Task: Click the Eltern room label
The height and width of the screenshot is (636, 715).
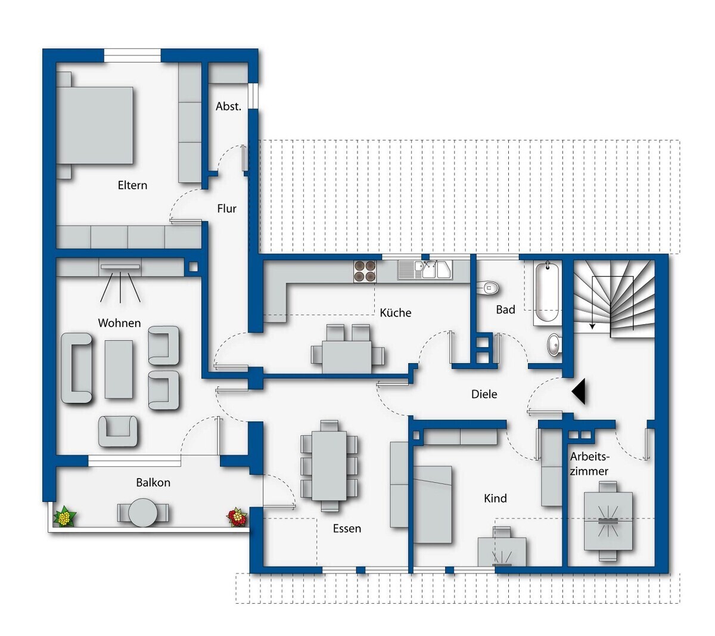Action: (x=132, y=185)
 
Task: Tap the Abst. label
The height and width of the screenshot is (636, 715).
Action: (x=228, y=106)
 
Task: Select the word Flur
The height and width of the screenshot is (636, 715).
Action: (x=226, y=209)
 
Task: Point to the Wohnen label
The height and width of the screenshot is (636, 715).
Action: (x=119, y=322)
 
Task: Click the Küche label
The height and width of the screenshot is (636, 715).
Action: (x=395, y=312)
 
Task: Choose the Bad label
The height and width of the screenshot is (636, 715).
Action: (x=505, y=310)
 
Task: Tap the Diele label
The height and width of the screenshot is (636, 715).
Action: (x=484, y=394)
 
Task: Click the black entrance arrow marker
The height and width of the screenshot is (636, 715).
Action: (x=579, y=391)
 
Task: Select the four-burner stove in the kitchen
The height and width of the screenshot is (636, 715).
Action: (x=365, y=271)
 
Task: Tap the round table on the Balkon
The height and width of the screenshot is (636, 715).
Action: (x=142, y=513)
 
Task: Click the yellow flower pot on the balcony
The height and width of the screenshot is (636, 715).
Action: (x=64, y=517)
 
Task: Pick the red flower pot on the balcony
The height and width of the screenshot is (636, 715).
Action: (x=237, y=517)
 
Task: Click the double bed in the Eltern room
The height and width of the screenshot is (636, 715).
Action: (x=95, y=125)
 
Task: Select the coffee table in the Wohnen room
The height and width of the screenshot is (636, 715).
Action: (x=119, y=370)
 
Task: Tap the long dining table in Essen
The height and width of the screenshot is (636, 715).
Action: (x=329, y=466)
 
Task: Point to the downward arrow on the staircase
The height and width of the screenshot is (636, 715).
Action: (x=592, y=303)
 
